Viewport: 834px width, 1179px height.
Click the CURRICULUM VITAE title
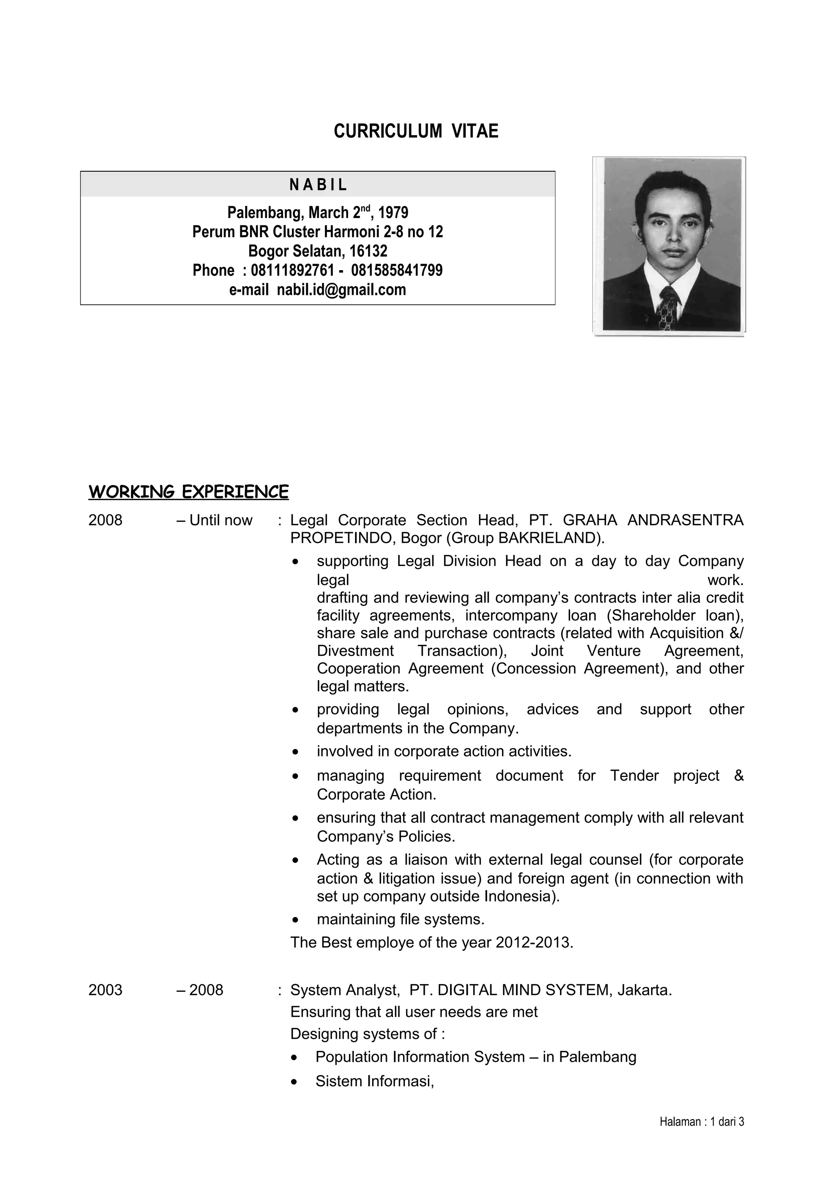coord(416,131)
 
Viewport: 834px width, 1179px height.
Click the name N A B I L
coord(318,185)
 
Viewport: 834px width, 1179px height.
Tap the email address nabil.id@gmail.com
coord(341,290)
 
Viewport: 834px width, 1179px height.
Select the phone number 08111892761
coord(292,271)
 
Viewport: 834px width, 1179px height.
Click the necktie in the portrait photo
coord(669,308)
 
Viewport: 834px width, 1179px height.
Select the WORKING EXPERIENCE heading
coord(188,492)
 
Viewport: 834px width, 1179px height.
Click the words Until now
coord(221,521)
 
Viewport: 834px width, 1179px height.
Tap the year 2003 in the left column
coord(105,990)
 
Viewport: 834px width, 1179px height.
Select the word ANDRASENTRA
coord(685,521)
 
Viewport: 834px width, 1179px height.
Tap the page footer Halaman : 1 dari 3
coord(701,1122)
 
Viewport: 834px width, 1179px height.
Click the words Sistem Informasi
coord(375,1081)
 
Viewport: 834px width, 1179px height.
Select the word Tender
coord(634,775)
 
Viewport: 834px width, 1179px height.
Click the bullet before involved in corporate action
coord(294,752)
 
